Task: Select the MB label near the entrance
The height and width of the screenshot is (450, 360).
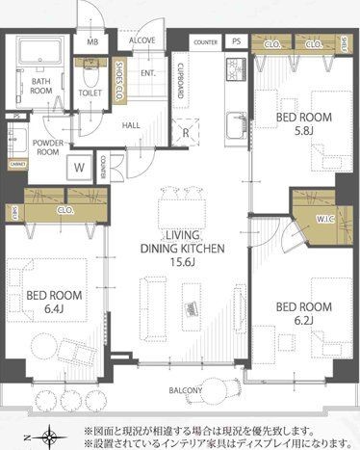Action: point(92,42)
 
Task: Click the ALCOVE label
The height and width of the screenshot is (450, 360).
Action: point(142,42)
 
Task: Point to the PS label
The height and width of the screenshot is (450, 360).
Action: point(236,41)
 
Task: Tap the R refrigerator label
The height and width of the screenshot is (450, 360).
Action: point(186,133)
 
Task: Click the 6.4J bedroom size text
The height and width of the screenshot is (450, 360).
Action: point(45,309)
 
